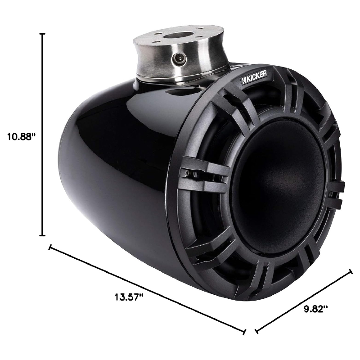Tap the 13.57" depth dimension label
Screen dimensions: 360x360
(x=130, y=297)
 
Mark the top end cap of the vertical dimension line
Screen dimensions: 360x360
(x=43, y=34)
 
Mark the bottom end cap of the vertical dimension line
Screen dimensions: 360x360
(x=43, y=235)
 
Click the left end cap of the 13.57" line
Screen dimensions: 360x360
(x=50, y=247)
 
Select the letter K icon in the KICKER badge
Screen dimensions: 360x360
(x=244, y=81)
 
